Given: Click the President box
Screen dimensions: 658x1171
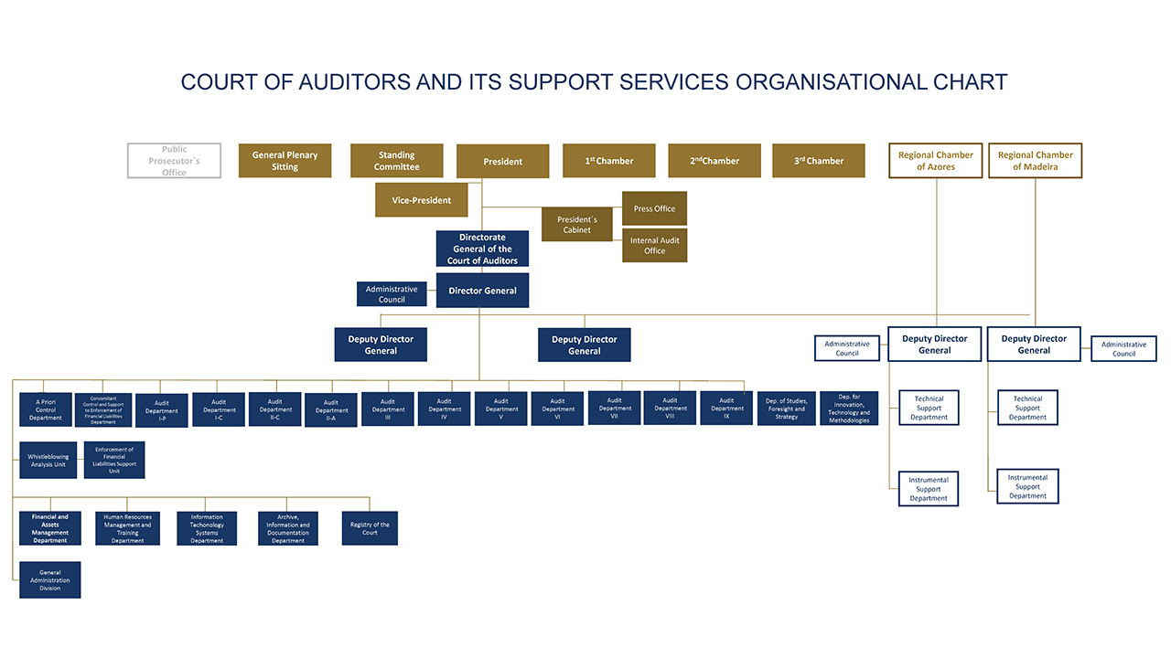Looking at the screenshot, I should coord(502,162).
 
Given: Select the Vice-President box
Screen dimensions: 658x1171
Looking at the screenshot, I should coord(422,200).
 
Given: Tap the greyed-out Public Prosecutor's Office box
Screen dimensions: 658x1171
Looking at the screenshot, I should coord(174,161).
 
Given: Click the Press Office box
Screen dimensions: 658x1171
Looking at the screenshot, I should coord(654,208).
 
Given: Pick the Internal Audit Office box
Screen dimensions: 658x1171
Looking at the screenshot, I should coord(654,246).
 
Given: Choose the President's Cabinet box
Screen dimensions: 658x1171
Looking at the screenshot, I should coord(576,225).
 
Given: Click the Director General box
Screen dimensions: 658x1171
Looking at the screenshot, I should coord(482,291).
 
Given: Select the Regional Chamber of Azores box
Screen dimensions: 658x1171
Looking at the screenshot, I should coord(935,161).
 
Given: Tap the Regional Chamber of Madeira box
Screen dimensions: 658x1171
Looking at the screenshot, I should coord(1035,161).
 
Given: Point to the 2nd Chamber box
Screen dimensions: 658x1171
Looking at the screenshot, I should coord(714,161).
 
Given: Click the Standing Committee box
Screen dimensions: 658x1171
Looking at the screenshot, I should coord(396,161).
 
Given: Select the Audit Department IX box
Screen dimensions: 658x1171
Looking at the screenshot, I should coord(726,409).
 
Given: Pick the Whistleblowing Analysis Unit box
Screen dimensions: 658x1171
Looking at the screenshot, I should coord(48,461).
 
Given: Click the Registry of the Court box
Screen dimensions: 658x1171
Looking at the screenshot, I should coord(370,528).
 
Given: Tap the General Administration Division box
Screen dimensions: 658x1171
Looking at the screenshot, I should coord(49,579).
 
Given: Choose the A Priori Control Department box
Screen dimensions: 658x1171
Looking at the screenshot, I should coord(45,409).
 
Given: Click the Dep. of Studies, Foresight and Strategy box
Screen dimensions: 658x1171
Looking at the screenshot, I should coord(786,409).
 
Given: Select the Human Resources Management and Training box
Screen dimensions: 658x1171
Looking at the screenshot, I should coord(127,528).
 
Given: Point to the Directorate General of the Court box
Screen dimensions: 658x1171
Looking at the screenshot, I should coord(482,249).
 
